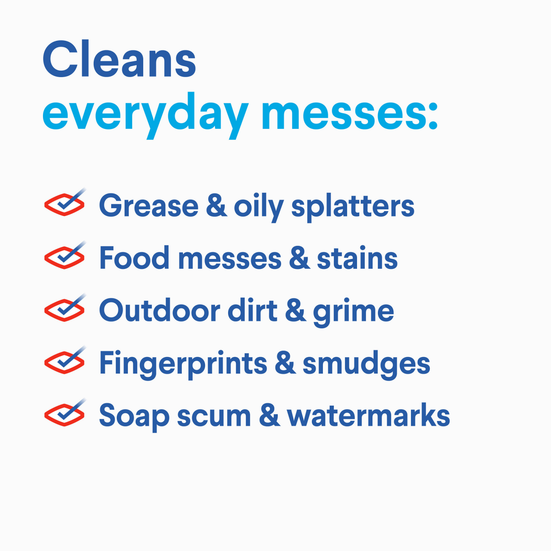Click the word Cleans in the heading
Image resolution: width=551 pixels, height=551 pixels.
coord(119,60)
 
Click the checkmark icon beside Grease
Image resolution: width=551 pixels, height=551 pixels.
coord(65,203)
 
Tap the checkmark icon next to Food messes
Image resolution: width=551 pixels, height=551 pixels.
coord(65,256)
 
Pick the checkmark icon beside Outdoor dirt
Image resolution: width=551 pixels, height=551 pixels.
coord(65,309)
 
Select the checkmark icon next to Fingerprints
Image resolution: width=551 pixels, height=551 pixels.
coord(65,361)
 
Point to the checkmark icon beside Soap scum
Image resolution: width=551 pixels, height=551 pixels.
coord(65,413)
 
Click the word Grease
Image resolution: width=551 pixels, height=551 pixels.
coord(149,206)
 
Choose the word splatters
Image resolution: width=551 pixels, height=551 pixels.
coord(353,206)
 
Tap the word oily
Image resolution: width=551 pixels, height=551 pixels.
coord(259,206)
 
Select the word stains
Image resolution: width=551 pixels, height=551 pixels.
coord(357,258)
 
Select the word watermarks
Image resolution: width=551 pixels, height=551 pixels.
coord(368,416)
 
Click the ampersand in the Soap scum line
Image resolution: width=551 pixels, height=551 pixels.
coord(269,416)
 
